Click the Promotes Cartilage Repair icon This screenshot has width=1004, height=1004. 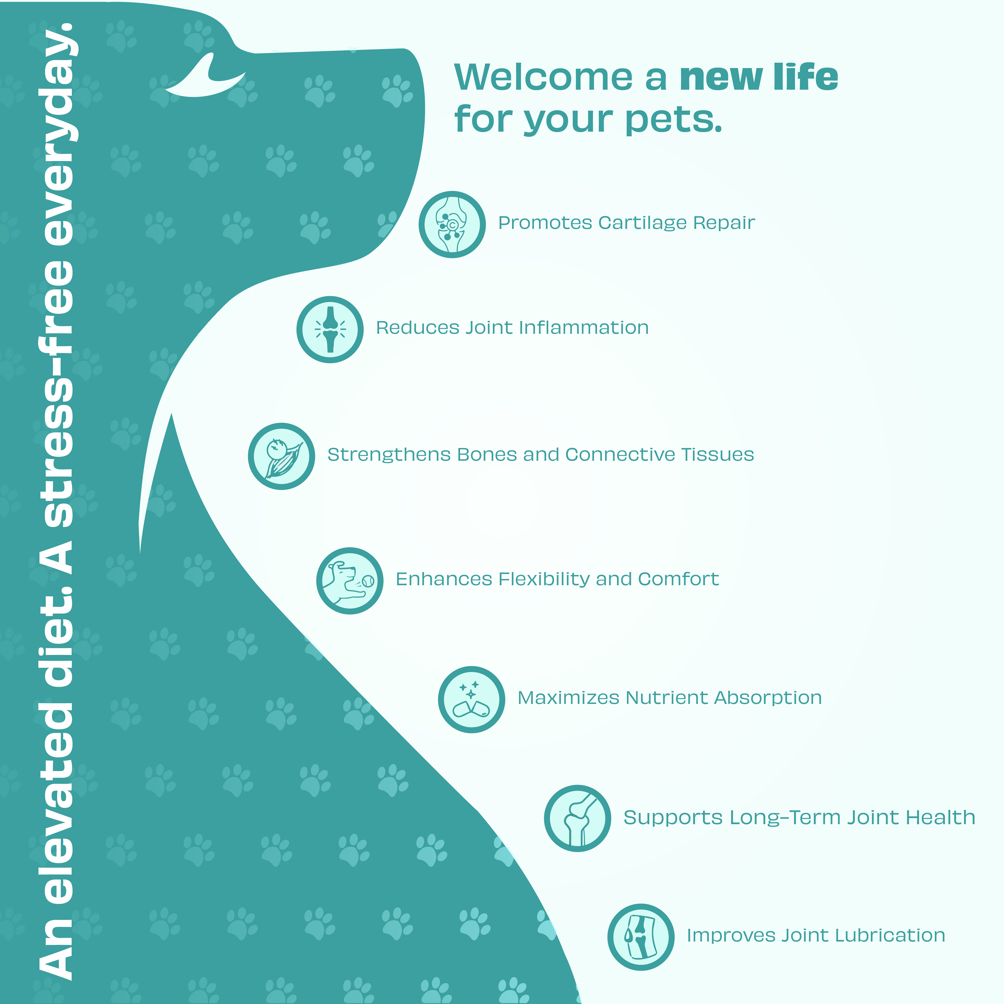click(452, 224)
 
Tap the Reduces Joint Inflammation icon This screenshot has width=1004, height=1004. click(330, 330)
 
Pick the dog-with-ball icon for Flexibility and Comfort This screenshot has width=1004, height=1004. click(350, 581)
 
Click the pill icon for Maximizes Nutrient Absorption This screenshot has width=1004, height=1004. click(471, 699)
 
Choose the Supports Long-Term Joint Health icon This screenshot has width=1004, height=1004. click(577, 818)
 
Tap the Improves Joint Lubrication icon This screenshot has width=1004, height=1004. click(641, 937)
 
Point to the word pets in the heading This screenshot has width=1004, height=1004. click(674, 120)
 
